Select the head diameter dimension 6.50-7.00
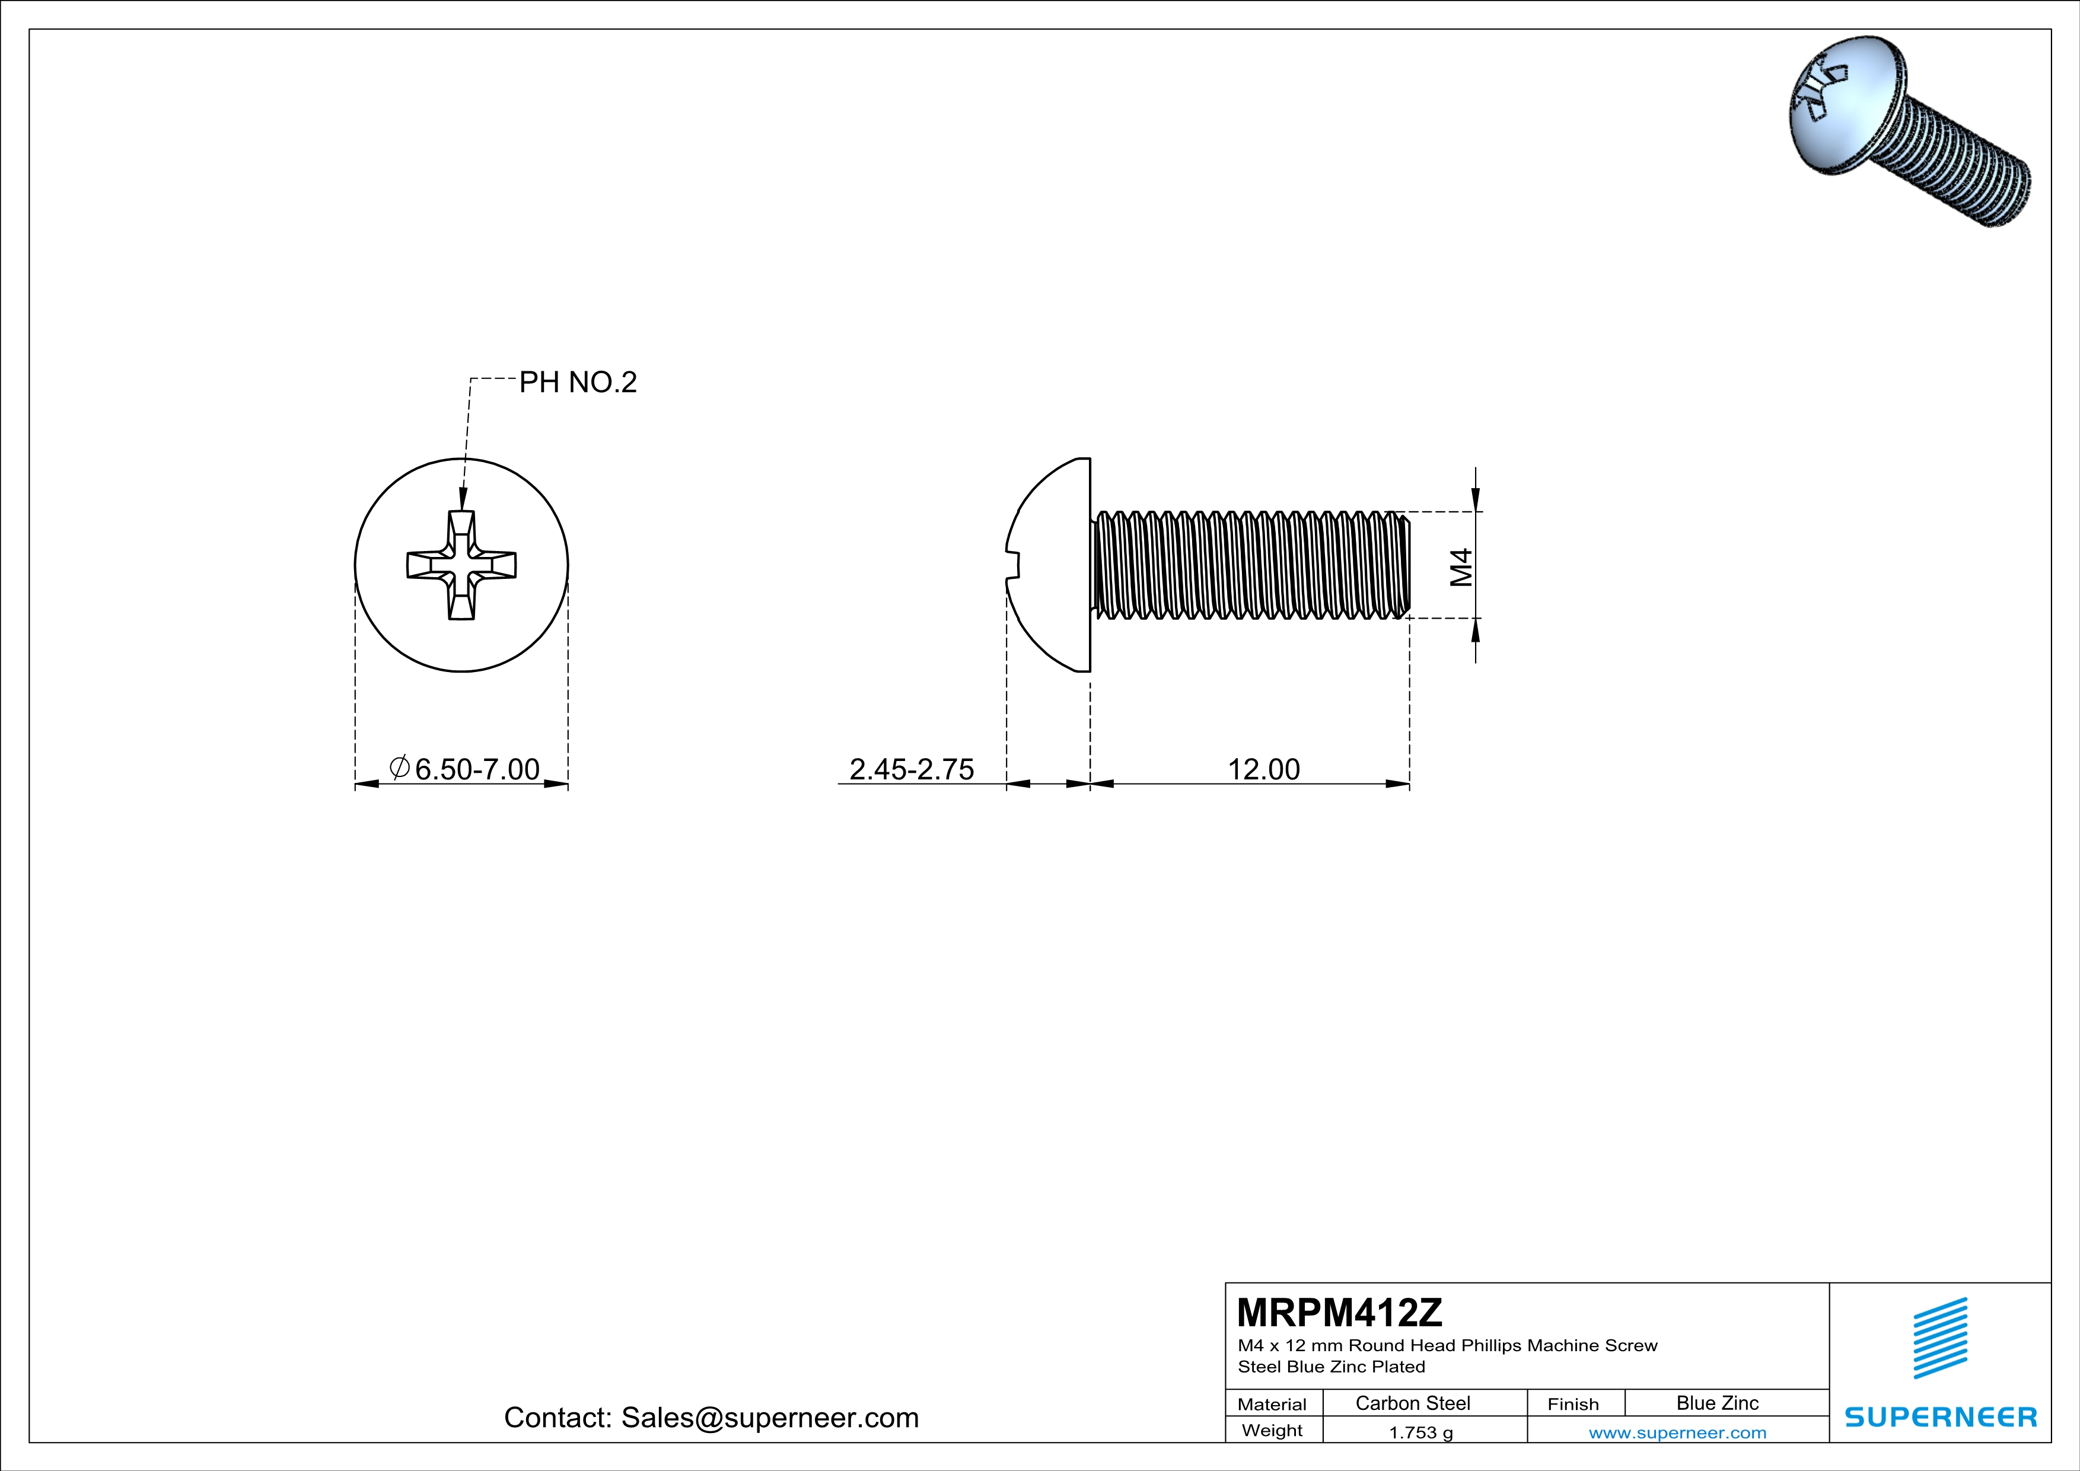coord(476,769)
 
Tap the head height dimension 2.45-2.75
coord(912,769)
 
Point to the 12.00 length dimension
coord(1263,769)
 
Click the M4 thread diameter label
coord(1460,568)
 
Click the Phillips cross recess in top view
coord(461,565)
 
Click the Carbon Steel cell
coord(1412,1403)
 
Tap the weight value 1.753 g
coord(1420,1432)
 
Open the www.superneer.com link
coord(1677,1432)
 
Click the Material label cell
coord(1272,1404)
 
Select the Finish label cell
coord(1573,1404)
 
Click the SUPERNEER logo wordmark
coord(1941,1416)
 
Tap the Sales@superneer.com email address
coord(769,1418)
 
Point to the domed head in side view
coord(1051,565)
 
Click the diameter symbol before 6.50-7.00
coord(400,767)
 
